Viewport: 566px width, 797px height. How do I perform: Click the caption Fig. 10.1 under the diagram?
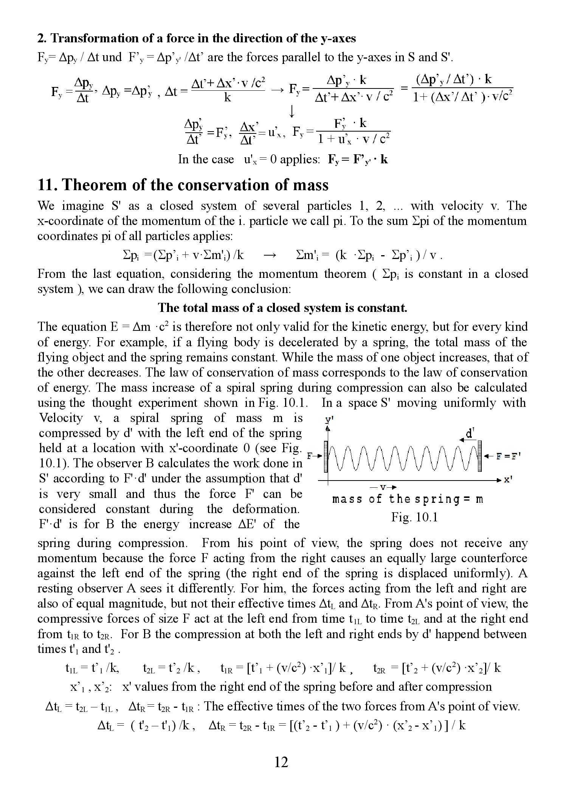414,517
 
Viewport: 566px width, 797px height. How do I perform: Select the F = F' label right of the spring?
509,456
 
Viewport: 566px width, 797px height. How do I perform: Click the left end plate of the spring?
326,456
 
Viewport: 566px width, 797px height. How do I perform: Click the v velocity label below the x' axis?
383,487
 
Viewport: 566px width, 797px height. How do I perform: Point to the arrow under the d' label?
466,439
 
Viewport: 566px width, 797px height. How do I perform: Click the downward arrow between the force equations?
292,111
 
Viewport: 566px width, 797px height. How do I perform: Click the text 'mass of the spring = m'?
408,499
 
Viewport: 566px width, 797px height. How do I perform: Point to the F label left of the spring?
309,456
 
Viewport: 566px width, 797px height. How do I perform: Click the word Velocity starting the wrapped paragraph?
61,418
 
